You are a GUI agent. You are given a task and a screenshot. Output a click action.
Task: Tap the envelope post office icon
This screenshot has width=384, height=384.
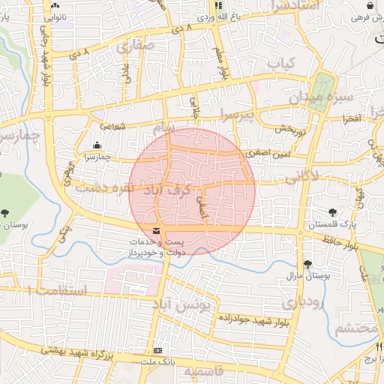tap(156, 230)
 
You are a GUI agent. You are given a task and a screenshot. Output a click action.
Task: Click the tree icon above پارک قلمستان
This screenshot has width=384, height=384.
tap(333, 212)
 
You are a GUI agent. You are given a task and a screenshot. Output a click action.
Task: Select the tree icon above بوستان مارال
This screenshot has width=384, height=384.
tap(307, 263)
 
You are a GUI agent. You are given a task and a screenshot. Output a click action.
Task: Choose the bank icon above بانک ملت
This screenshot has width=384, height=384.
tap(157, 350)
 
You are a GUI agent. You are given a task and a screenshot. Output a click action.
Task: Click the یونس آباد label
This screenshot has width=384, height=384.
tap(184, 304)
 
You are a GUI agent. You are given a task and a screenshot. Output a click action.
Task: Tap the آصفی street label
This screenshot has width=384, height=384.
tap(201, 206)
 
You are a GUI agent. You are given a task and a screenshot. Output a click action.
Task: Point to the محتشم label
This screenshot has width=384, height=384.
tap(352, 328)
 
